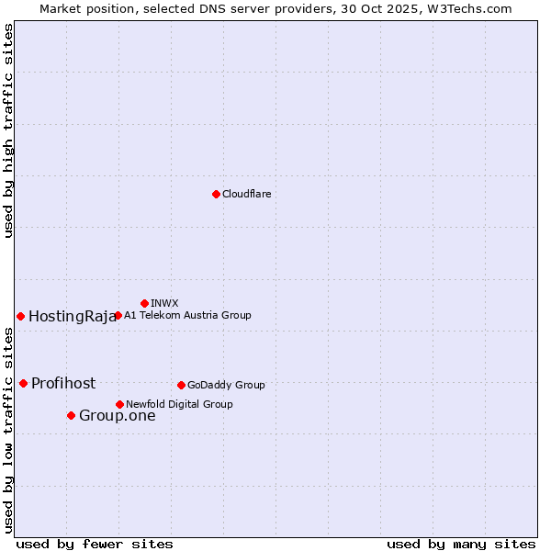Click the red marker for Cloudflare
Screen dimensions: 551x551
tap(216, 194)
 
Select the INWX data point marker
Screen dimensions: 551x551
tap(144, 303)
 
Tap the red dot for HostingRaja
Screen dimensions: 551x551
tap(20, 316)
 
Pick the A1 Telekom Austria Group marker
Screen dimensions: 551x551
tap(118, 315)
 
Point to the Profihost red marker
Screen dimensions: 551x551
tap(23, 383)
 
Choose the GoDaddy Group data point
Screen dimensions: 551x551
tap(181, 385)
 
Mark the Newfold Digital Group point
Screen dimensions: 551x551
tap(119, 404)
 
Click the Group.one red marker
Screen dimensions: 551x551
tap(71, 415)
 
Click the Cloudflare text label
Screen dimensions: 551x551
tap(246, 194)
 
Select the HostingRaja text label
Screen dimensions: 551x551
tap(73, 317)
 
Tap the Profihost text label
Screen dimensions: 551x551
tap(63, 383)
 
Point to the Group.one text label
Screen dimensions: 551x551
tap(117, 416)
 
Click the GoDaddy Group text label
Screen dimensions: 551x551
tap(226, 385)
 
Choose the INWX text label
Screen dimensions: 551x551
tap(164, 303)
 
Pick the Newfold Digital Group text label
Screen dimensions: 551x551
tap(179, 404)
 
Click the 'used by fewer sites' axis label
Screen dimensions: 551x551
tap(95, 544)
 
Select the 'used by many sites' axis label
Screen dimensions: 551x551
tap(461, 544)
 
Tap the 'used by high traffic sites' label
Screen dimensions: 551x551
tap(9, 130)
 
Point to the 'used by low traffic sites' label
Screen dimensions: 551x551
tap(9, 430)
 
